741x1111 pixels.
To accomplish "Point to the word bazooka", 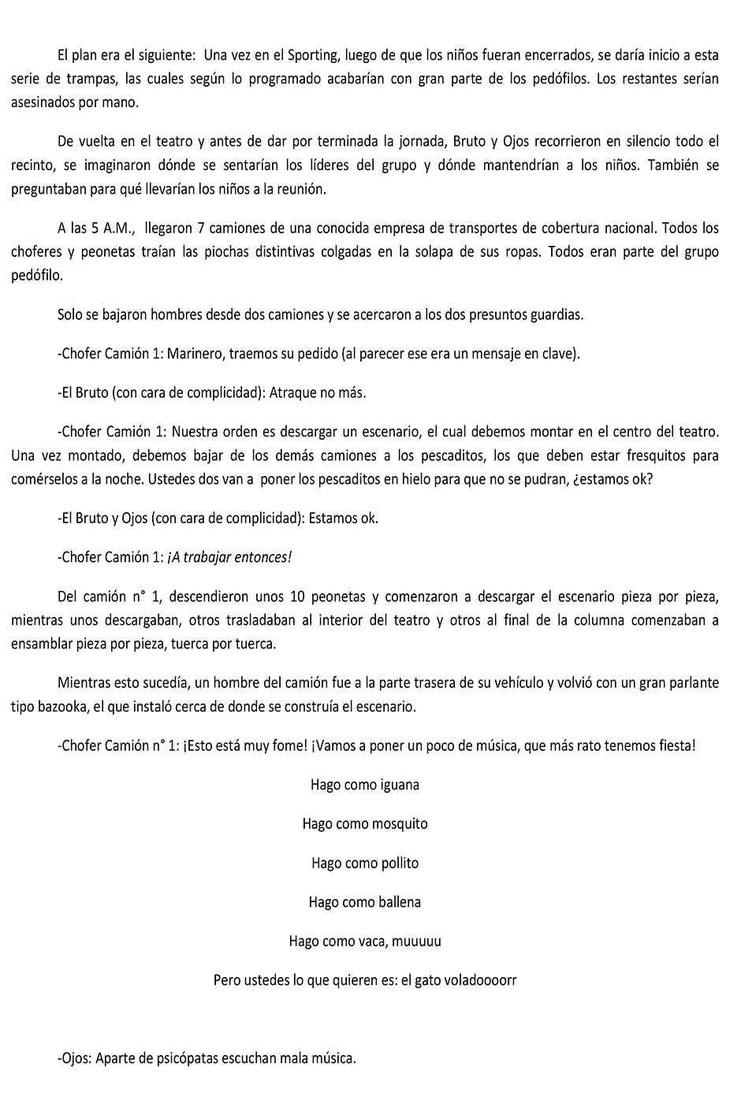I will pyautogui.click(x=62, y=706).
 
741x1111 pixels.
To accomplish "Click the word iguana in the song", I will pyautogui.click(x=400, y=785).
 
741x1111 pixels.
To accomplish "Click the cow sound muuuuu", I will pyautogui.click(x=416, y=941).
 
